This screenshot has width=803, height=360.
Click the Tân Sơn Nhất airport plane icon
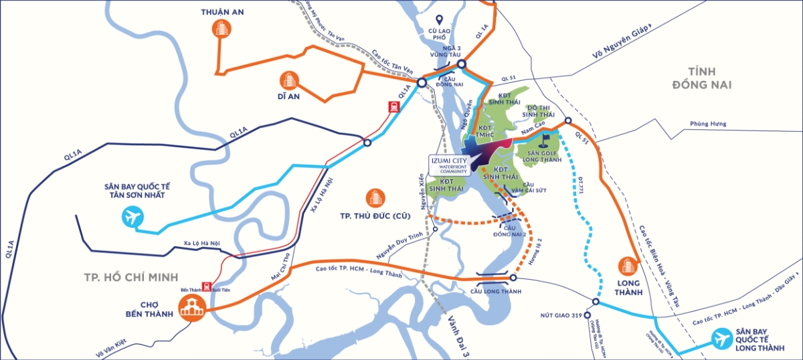[133, 217]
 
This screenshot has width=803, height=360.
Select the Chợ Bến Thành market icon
[191, 309]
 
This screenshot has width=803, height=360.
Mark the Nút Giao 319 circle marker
[587, 315]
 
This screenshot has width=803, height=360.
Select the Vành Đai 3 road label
[462, 331]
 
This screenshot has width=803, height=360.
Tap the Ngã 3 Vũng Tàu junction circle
[462, 64]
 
